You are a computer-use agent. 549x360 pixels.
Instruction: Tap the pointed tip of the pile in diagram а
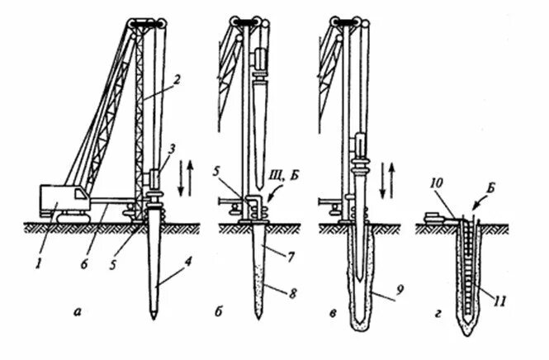(155, 316)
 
